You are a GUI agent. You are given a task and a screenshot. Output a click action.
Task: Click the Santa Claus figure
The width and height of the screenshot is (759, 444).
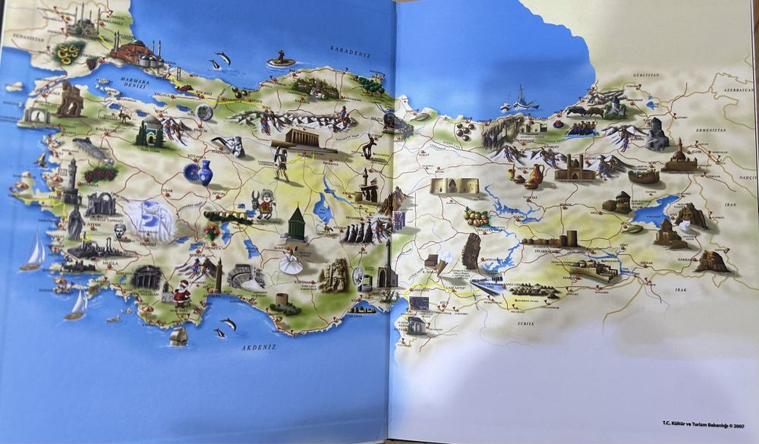click(x=181, y=292)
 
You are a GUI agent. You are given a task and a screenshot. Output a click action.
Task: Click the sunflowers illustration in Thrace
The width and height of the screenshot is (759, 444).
click(x=69, y=52)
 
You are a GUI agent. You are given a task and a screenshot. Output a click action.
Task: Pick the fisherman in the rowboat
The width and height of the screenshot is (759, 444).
click(x=281, y=58)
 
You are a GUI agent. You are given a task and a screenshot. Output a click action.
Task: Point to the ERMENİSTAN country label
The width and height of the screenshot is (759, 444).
click(x=697, y=128)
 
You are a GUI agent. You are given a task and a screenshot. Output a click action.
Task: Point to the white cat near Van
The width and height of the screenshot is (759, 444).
click(x=685, y=225)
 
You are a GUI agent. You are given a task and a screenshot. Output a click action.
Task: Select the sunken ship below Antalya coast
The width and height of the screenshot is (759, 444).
click(x=178, y=335)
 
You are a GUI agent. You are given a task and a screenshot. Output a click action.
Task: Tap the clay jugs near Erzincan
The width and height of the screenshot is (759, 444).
click(x=533, y=176)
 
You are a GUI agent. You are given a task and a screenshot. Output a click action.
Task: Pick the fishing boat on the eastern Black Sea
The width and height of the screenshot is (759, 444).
click(x=523, y=98)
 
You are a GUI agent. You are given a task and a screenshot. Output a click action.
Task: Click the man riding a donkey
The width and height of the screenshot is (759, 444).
click(x=265, y=204)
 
